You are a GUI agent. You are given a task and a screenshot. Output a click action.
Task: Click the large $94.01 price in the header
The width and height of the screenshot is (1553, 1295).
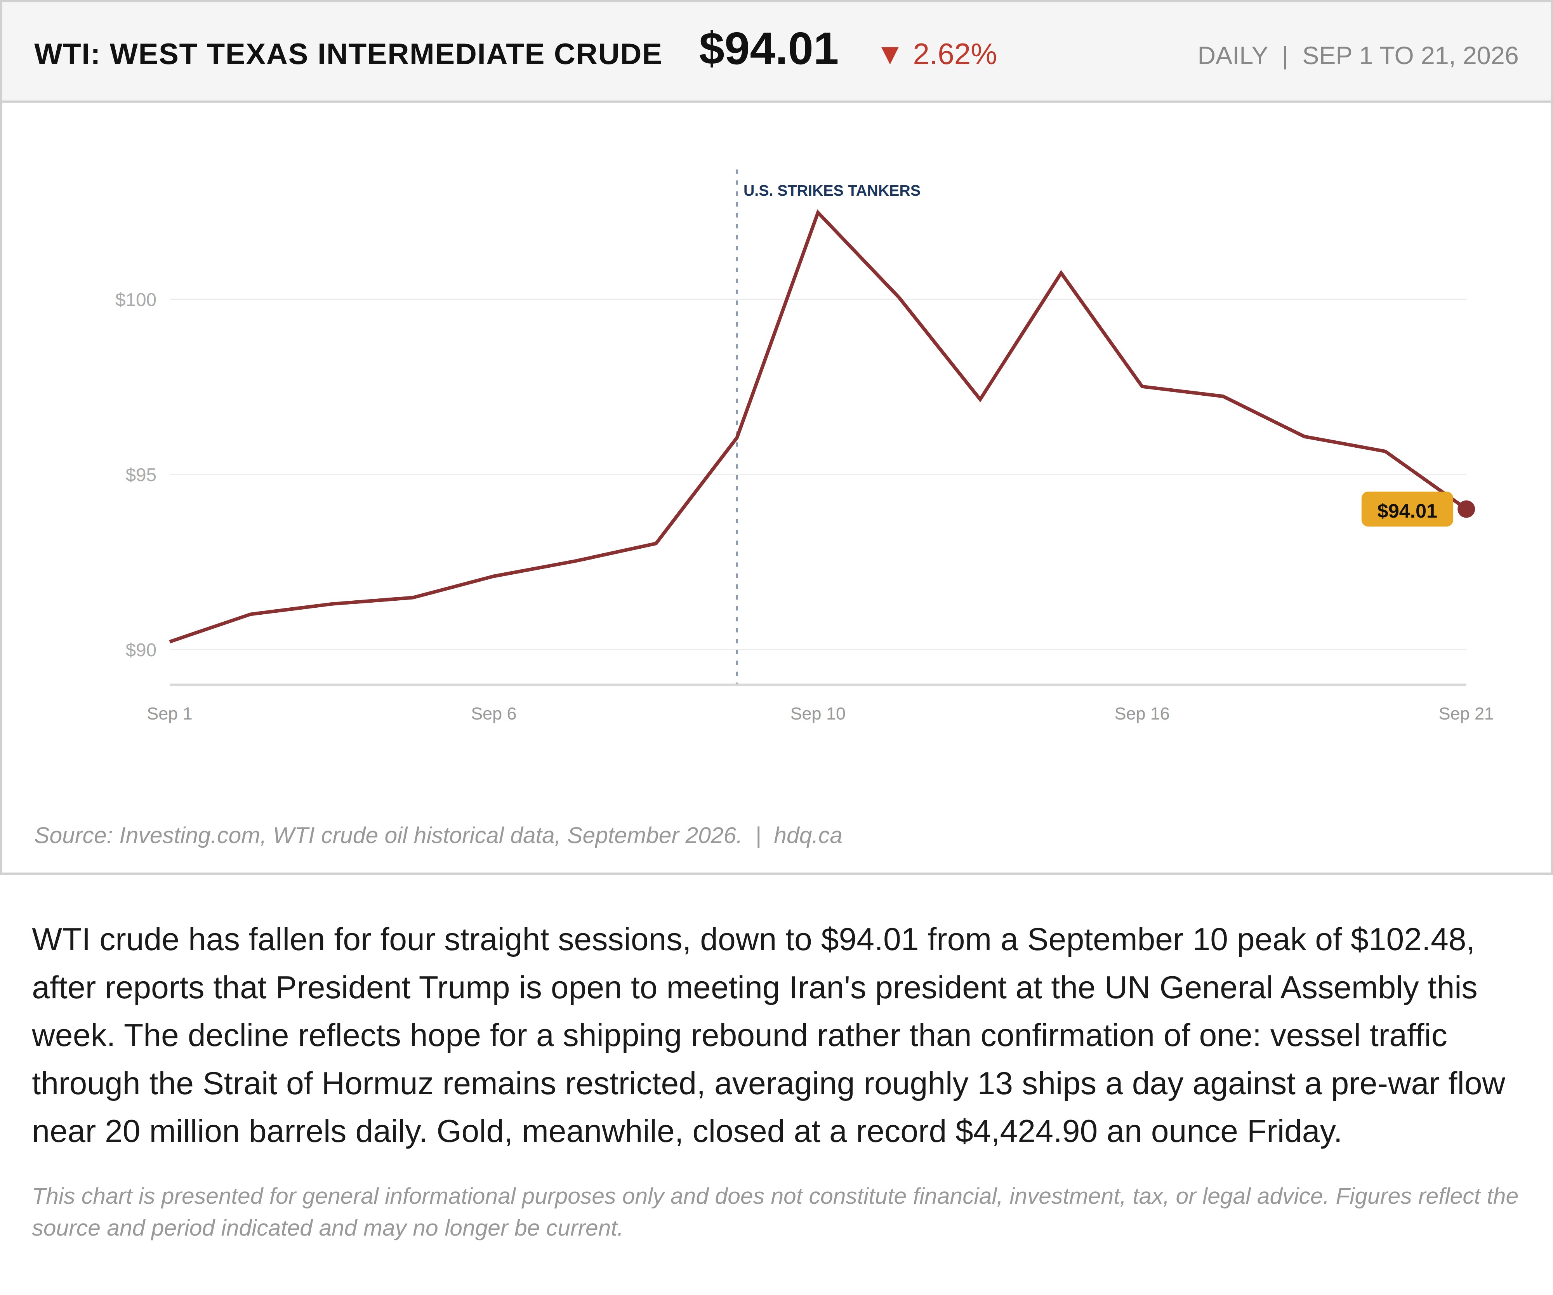coord(768,50)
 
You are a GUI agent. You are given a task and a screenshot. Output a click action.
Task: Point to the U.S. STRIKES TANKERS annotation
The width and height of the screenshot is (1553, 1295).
coord(832,191)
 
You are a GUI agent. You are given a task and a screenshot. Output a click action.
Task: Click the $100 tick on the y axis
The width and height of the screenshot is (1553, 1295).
coord(136,299)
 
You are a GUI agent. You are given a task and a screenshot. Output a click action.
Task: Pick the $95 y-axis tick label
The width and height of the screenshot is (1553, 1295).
coord(141,475)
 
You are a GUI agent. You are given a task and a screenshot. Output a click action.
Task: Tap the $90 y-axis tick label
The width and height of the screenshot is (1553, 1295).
coord(141,650)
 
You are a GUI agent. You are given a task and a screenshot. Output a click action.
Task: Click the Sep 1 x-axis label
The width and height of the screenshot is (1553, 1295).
coord(169,714)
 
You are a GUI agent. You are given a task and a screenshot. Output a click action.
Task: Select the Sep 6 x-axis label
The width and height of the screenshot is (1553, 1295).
coord(493,714)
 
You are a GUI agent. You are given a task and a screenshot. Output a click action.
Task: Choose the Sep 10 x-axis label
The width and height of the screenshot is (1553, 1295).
coord(818,714)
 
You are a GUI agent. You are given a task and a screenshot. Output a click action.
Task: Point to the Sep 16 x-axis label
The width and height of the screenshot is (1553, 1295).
coord(1142,714)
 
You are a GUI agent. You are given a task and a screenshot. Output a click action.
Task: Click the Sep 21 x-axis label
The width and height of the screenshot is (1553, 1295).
coord(1466,714)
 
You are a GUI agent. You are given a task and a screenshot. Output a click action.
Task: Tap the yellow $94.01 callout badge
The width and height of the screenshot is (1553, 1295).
coord(1407,509)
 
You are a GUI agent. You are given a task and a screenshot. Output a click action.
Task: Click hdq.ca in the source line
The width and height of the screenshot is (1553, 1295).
coord(808,836)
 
